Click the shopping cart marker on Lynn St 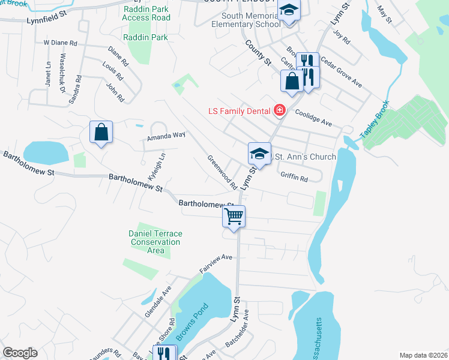234,216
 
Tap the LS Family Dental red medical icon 279,110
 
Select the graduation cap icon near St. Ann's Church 259,154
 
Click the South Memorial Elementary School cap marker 289,11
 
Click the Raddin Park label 146,37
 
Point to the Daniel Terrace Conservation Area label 155,242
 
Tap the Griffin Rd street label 294,178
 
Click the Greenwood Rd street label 221,172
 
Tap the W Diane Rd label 61,43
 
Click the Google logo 20,353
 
